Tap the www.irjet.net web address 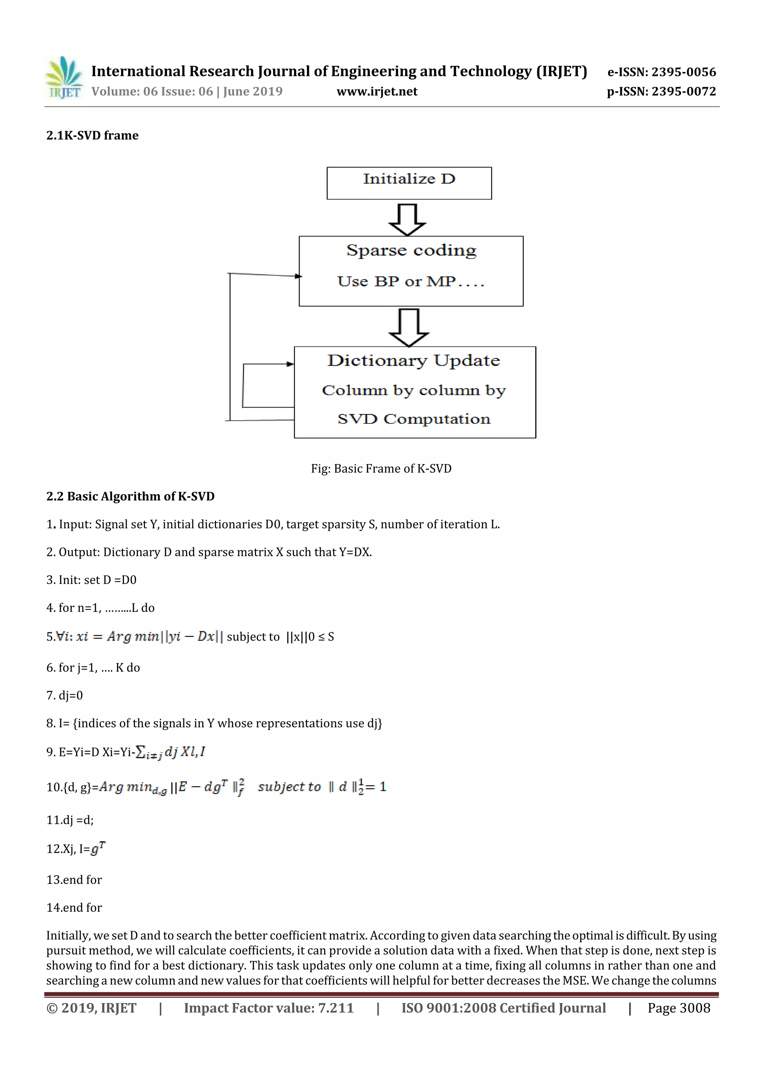pos(377,92)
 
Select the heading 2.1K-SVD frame pos(93,136)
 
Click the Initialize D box pos(409,183)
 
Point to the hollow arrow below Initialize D pos(408,219)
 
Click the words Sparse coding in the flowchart pos(411,251)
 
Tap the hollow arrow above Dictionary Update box pos(409,327)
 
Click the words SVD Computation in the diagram pos(414,419)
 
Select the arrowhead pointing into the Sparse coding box pos(298,276)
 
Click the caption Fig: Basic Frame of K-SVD pos(381,469)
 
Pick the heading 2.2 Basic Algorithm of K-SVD pos(130,496)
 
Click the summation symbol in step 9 pos(140,752)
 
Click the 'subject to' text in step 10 pos(289,787)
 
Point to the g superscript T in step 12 pos(98,848)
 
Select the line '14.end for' pos(74,907)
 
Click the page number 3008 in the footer pos(694,1008)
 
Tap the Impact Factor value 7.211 pos(336,1008)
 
